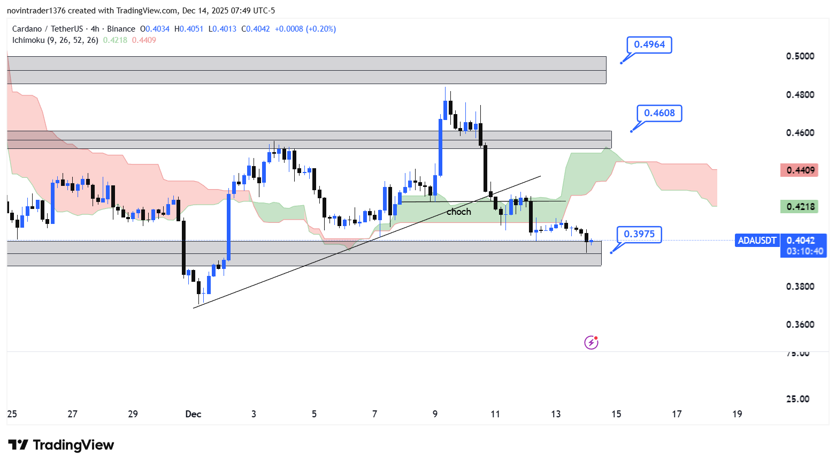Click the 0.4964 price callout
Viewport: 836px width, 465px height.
tap(649, 45)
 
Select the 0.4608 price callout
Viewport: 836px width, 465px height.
tap(659, 113)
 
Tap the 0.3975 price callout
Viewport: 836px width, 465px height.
tap(639, 234)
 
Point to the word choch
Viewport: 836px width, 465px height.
tap(459, 212)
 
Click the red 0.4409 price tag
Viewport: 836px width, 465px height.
tap(800, 170)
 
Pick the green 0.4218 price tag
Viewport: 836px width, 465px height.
tap(800, 207)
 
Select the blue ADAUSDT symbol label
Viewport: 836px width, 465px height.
tap(757, 241)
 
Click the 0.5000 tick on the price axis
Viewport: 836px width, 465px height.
tap(800, 56)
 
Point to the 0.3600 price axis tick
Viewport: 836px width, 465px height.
tap(800, 325)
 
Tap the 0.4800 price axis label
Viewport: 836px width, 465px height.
tap(800, 95)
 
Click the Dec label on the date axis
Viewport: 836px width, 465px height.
tap(193, 414)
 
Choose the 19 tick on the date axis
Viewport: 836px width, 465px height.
tap(737, 414)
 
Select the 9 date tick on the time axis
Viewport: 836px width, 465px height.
tap(435, 414)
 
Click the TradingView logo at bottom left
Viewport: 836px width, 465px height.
tap(61, 445)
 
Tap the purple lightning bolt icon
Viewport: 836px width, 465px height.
tap(591, 342)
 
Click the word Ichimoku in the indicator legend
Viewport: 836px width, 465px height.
tap(28, 40)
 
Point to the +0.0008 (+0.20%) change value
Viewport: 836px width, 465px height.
tap(305, 29)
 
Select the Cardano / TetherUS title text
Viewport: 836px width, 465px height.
tap(48, 29)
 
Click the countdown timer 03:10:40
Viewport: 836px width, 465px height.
tap(804, 251)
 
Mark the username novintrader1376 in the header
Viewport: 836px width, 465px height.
tap(36, 11)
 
